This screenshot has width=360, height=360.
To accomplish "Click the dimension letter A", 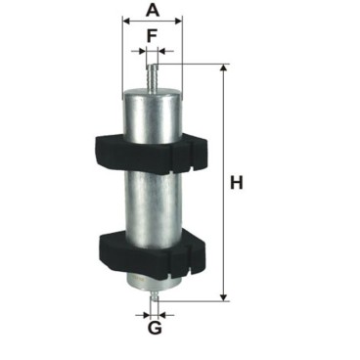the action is pos(153,10).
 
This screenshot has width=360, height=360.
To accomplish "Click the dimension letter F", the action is pos(152,35).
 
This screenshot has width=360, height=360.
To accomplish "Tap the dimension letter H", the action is pos(237,183).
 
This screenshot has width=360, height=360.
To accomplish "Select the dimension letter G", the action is pos(155,328).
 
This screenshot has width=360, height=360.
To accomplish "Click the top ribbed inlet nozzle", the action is pos(152,77).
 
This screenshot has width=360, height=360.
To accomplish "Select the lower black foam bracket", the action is pos(152,254).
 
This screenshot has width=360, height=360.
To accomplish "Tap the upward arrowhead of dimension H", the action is pos(223,68).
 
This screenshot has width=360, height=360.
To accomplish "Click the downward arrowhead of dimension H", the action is pos(223,296).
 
